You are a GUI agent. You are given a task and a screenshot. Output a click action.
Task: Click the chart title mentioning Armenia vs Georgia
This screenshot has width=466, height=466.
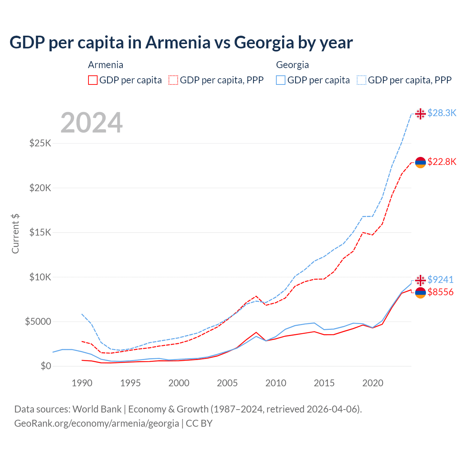pyautogui.click(x=181, y=43)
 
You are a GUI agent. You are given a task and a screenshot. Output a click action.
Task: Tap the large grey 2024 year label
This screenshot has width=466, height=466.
pyautogui.click(x=91, y=123)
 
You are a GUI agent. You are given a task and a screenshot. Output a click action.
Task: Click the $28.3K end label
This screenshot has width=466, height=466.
pyautogui.click(x=442, y=113)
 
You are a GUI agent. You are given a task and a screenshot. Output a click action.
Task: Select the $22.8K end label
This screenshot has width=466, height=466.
pyautogui.click(x=442, y=162)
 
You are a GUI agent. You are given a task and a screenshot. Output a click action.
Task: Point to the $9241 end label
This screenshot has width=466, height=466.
pyautogui.click(x=440, y=280)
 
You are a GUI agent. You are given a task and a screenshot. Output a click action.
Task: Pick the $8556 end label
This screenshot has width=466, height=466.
pyautogui.click(x=440, y=292)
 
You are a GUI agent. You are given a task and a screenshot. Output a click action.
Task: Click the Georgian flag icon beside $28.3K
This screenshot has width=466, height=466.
pyautogui.click(x=420, y=114)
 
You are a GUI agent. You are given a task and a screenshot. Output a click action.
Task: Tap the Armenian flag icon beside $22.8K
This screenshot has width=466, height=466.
pyautogui.click(x=420, y=162)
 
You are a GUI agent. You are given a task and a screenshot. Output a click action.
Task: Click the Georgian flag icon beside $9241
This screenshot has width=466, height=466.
pyautogui.click(x=420, y=280)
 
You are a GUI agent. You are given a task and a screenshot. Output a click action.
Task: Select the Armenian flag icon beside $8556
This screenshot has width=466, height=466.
pyautogui.click(x=420, y=293)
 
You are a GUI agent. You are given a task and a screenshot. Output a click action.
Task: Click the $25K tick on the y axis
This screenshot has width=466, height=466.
pyautogui.click(x=40, y=143)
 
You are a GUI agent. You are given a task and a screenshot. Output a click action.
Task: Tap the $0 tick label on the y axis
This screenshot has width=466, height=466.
pyautogui.click(x=46, y=366)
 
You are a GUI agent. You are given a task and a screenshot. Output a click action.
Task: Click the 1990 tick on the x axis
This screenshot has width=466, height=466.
pyautogui.click(x=82, y=383)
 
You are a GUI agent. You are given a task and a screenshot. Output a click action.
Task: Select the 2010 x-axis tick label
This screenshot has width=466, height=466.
pyautogui.click(x=276, y=383)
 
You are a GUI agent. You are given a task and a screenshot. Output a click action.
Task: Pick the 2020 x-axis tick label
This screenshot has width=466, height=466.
pyautogui.click(x=372, y=383)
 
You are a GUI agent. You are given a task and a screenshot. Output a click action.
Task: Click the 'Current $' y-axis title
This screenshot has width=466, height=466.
pyautogui.click(x=15, y=234)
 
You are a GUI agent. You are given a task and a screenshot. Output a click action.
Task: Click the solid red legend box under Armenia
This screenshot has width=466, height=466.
pyautogui.click(x=93, y=80)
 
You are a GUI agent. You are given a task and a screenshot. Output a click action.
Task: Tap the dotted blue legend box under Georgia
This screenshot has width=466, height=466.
pyautogui.click(x=362, y=80)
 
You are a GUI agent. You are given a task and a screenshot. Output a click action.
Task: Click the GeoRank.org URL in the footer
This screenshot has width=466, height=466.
pyautogui.click(x=96, y=423)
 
